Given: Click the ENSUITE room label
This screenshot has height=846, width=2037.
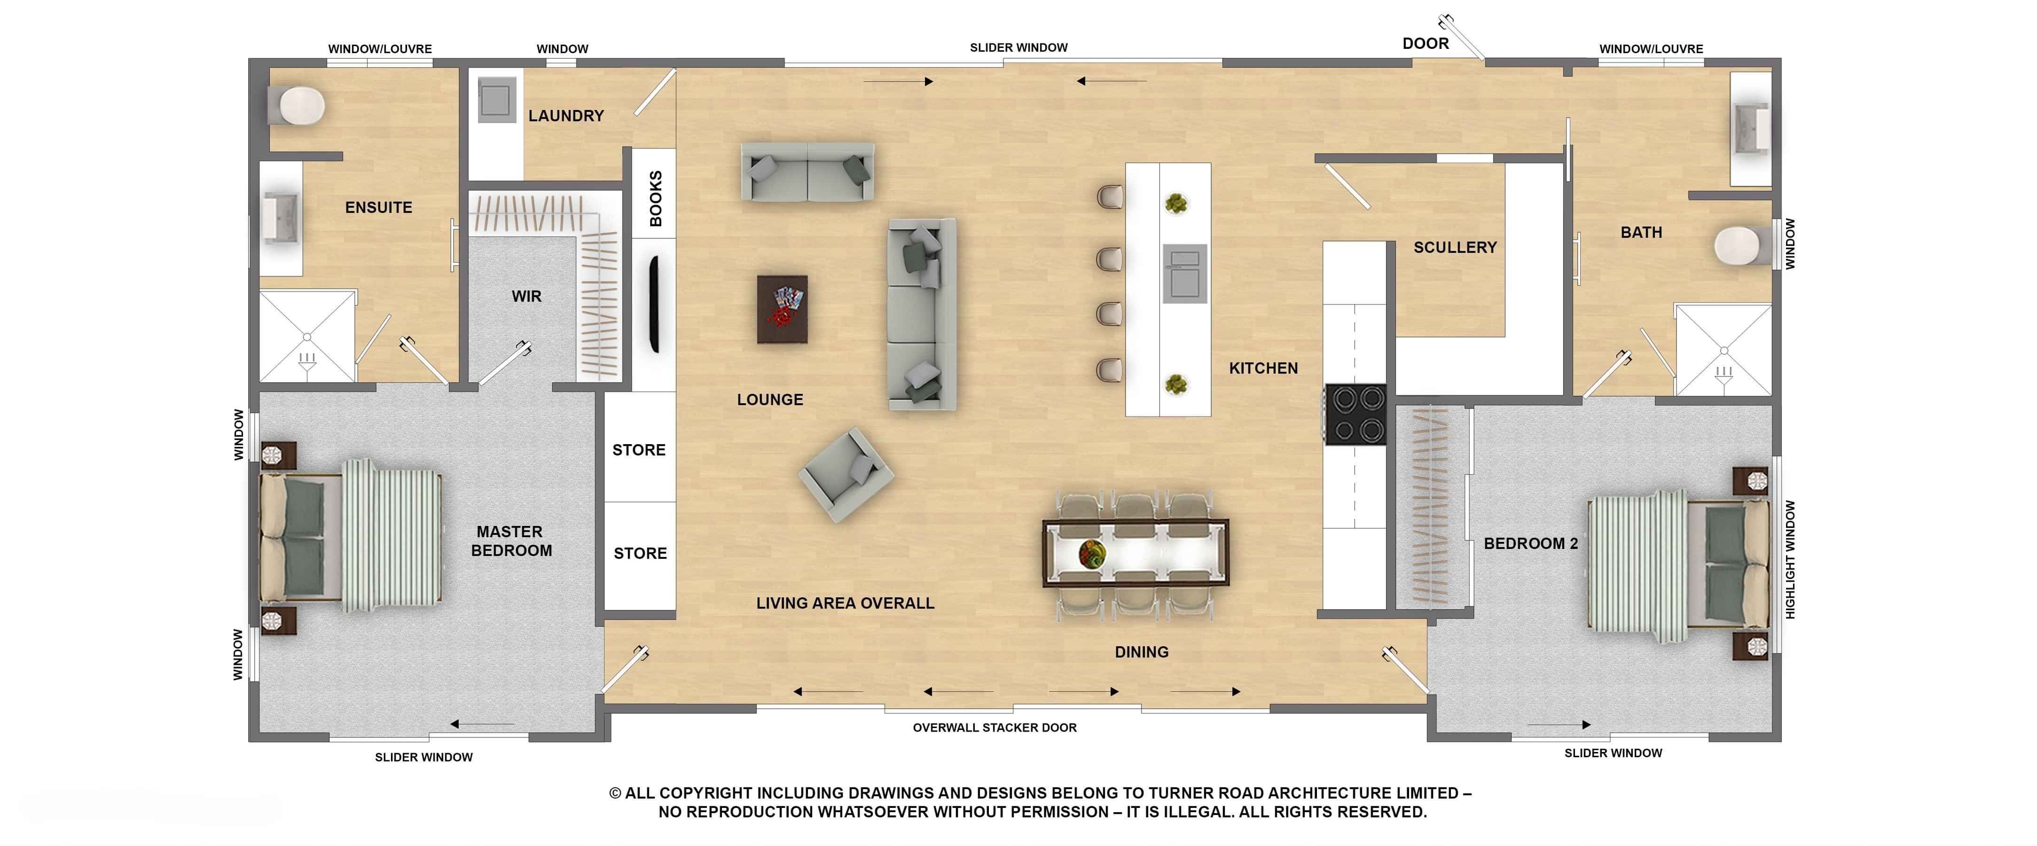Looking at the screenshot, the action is [x=379, y=208].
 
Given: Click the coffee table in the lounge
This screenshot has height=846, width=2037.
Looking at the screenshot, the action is [x=782, y=309].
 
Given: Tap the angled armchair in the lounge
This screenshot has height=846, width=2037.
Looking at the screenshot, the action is [x=846, y=474].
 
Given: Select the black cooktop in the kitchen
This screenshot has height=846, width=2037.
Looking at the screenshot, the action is [x=1356, y=414].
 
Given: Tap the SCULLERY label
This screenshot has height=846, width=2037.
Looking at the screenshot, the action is [x=1455, y=248].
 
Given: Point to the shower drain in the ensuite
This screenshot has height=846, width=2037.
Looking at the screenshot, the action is [x=307, y=337].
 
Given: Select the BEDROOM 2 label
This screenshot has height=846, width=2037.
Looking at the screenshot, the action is [x=1531, y=544].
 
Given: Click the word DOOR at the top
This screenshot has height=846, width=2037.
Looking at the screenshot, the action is [x=1426, y=44].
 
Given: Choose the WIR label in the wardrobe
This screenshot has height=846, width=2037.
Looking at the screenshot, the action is [x=527, y=297].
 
